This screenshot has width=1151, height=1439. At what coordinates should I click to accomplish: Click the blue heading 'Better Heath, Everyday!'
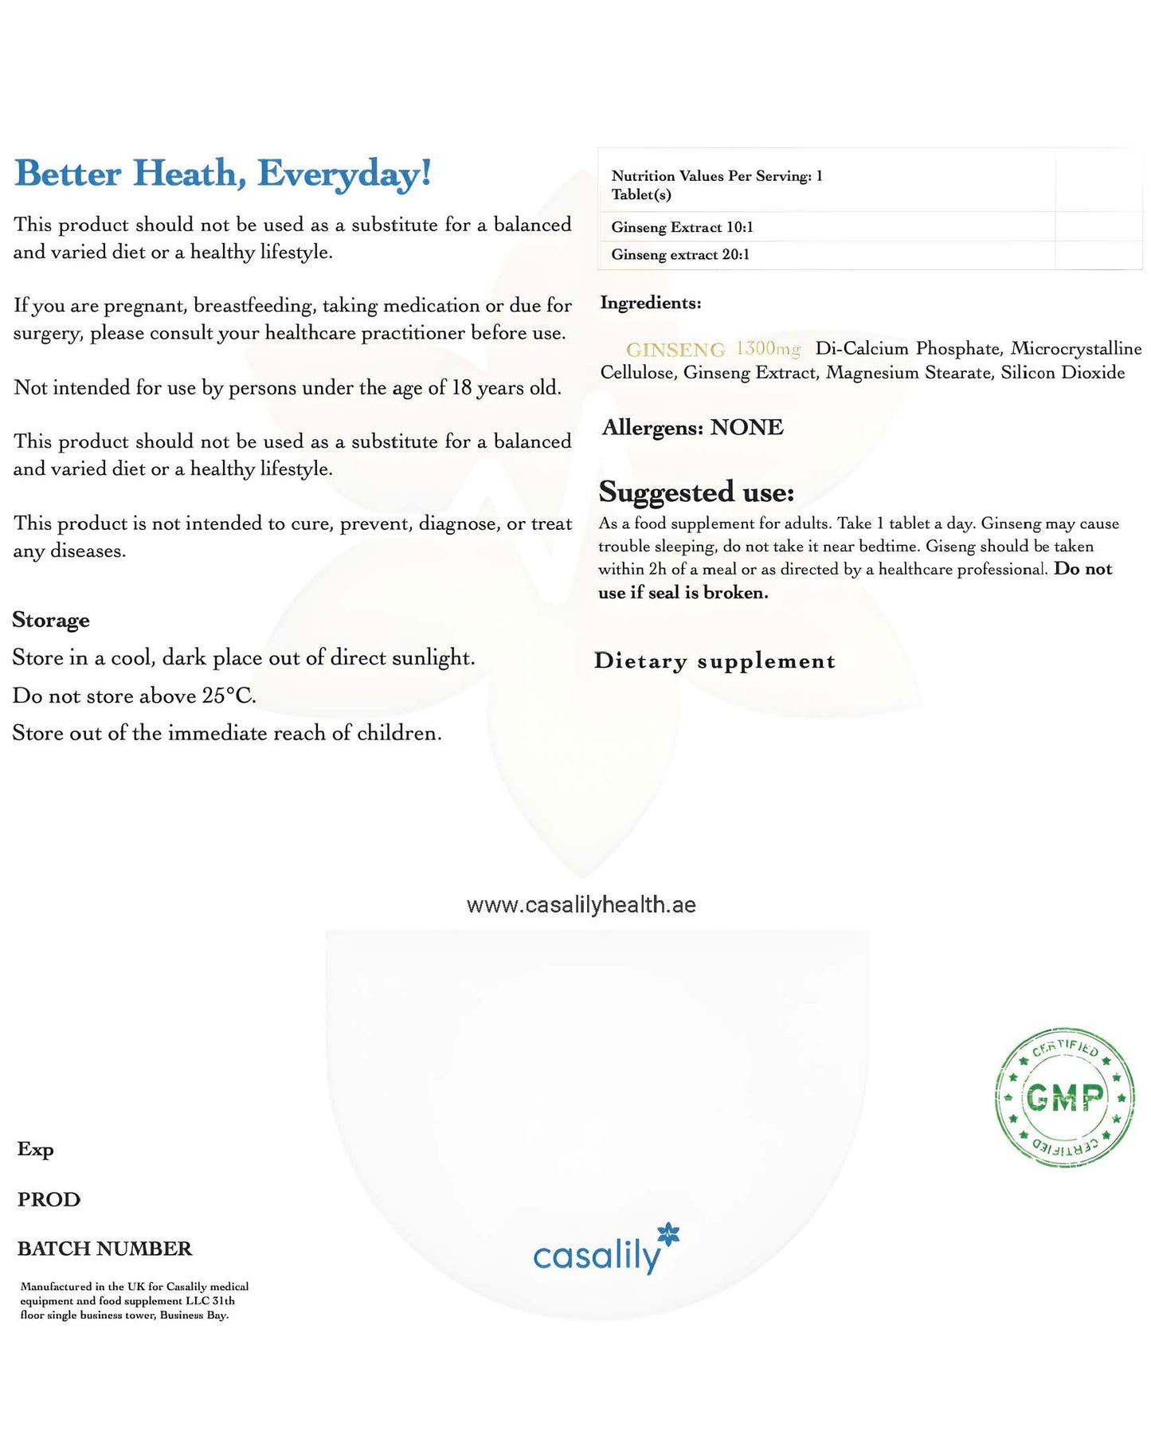tap(223, 174)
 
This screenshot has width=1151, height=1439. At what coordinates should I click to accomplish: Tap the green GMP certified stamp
tap(1065, 1097)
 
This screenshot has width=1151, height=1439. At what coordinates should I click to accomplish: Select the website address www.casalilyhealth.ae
tap(581, 905)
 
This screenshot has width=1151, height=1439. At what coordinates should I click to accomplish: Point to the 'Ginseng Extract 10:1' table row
tap(682, 227)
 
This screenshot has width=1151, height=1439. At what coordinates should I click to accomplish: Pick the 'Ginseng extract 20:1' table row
tap(680, 255)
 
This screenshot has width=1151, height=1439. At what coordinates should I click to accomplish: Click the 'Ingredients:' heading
tap(650, 303)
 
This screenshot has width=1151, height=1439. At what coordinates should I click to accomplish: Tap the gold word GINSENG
tap(675, 350)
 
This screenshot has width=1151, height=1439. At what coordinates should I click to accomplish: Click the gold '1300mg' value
tap(768, 349)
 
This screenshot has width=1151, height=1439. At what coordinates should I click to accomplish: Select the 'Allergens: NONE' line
tap(692, 428)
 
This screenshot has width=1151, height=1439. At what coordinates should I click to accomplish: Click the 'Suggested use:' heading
tap(696, 492)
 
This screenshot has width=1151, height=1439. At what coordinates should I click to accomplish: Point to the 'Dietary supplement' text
tap(714, 661)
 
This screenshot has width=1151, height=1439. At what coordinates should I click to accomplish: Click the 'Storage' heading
tap(51, 620)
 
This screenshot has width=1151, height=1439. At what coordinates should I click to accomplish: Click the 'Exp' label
tap(36, 1149)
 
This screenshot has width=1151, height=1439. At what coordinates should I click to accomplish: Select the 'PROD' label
tap(49, 1199)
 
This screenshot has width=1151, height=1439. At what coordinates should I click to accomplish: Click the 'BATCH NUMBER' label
tap(104, 1249)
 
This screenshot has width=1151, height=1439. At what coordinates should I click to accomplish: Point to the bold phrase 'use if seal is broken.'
tap(683, 592)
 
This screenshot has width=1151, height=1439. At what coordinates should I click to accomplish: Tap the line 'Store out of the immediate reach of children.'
tap(227, 733)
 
